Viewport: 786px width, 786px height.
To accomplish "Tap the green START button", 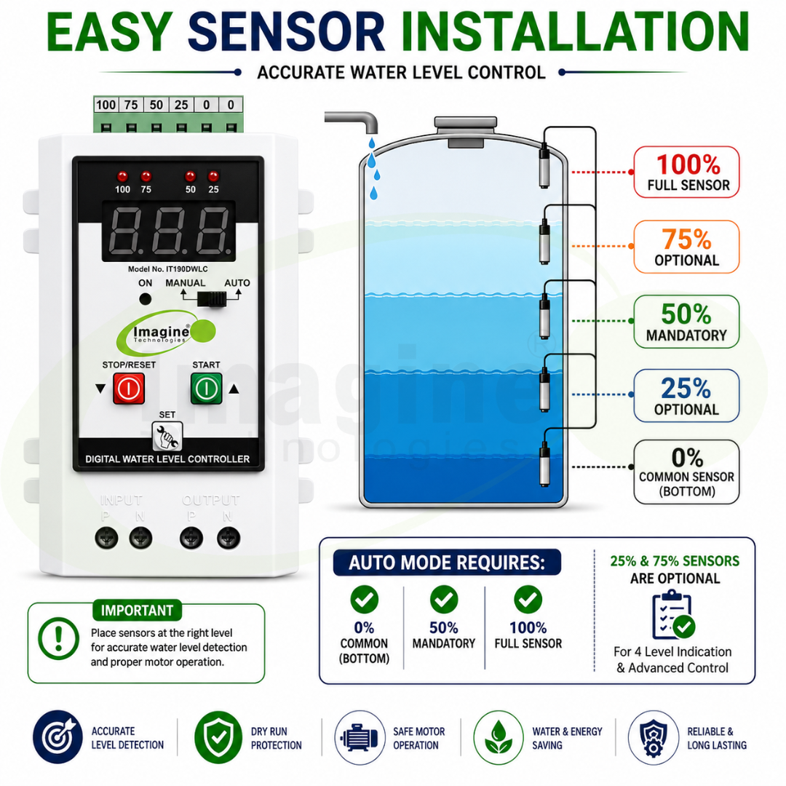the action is (x=207, y=388).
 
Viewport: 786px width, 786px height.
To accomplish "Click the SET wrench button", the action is (x=167, y=436).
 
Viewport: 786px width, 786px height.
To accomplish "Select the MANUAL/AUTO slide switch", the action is (x=212, y=299).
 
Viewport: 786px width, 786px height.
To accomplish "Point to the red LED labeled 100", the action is (x=122, y=176).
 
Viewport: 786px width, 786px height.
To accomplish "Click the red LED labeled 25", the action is (x=213, y=176).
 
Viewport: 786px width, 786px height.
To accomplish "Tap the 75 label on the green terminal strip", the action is (x=131, y=105).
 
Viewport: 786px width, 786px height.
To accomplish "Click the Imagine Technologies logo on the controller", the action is (x=166, y=333).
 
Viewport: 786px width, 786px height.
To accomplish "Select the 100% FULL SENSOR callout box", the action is (x=686, y=172).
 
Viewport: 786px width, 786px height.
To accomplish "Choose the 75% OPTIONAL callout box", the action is (x=686, y=247).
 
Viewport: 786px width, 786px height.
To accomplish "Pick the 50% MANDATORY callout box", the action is (x=686, y=322).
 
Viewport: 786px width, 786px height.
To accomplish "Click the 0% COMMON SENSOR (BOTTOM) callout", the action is (x=686, y=472).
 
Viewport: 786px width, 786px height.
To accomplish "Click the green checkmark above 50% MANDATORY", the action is (x=444, y=600).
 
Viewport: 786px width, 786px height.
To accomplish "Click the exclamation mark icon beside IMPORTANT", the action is (x=59, y=638).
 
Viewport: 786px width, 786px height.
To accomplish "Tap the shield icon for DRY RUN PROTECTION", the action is (x=218, y=737).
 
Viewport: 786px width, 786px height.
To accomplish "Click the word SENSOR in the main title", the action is (x=286, y=31).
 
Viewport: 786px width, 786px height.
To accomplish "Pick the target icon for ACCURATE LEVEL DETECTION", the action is (x=57, y=737).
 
